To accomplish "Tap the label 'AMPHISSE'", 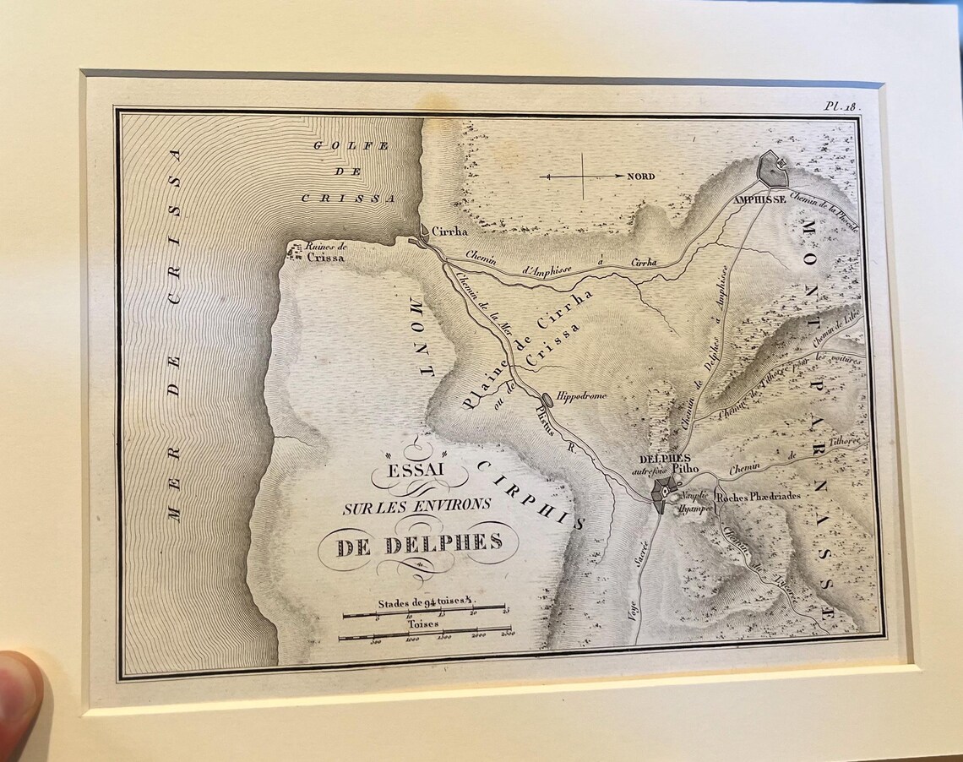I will pos(759,199).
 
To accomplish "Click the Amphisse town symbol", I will pos(772,170).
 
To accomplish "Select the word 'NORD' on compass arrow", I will pos(641,177).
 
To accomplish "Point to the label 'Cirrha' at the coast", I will pos(449,231).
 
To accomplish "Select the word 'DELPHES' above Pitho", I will pos(660,460).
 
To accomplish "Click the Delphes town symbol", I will pos(664,491).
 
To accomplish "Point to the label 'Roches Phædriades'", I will pos(758,497).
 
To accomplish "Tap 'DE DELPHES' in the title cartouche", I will pos(418,544).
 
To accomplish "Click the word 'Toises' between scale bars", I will pos(424,623).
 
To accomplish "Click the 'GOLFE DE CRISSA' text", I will pos(350,171).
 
